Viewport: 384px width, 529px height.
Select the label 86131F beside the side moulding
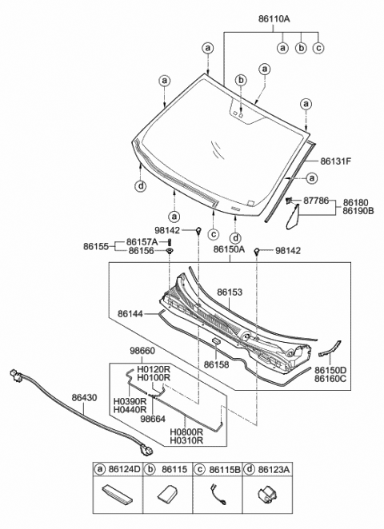pos(336,161)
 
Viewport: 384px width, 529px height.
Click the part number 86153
pos(230,293)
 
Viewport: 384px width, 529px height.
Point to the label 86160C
pos(352,379)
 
